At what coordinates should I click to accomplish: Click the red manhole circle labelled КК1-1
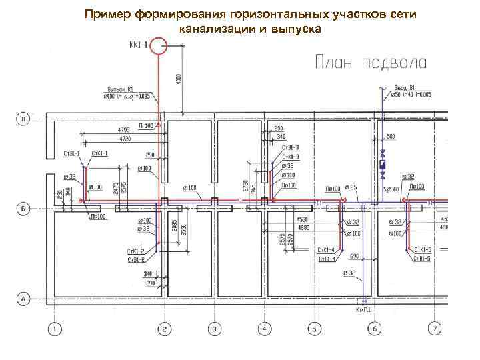point(158,46)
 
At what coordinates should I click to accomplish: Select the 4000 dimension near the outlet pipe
point(179,78)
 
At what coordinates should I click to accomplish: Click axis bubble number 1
point(55,329)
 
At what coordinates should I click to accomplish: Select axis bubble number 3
point(214,329)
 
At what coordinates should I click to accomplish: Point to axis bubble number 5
point(313,329)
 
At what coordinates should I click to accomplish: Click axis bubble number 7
point(435,329)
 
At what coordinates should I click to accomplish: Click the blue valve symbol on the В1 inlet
point(383,164)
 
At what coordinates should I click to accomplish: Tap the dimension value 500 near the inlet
point(391,137)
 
